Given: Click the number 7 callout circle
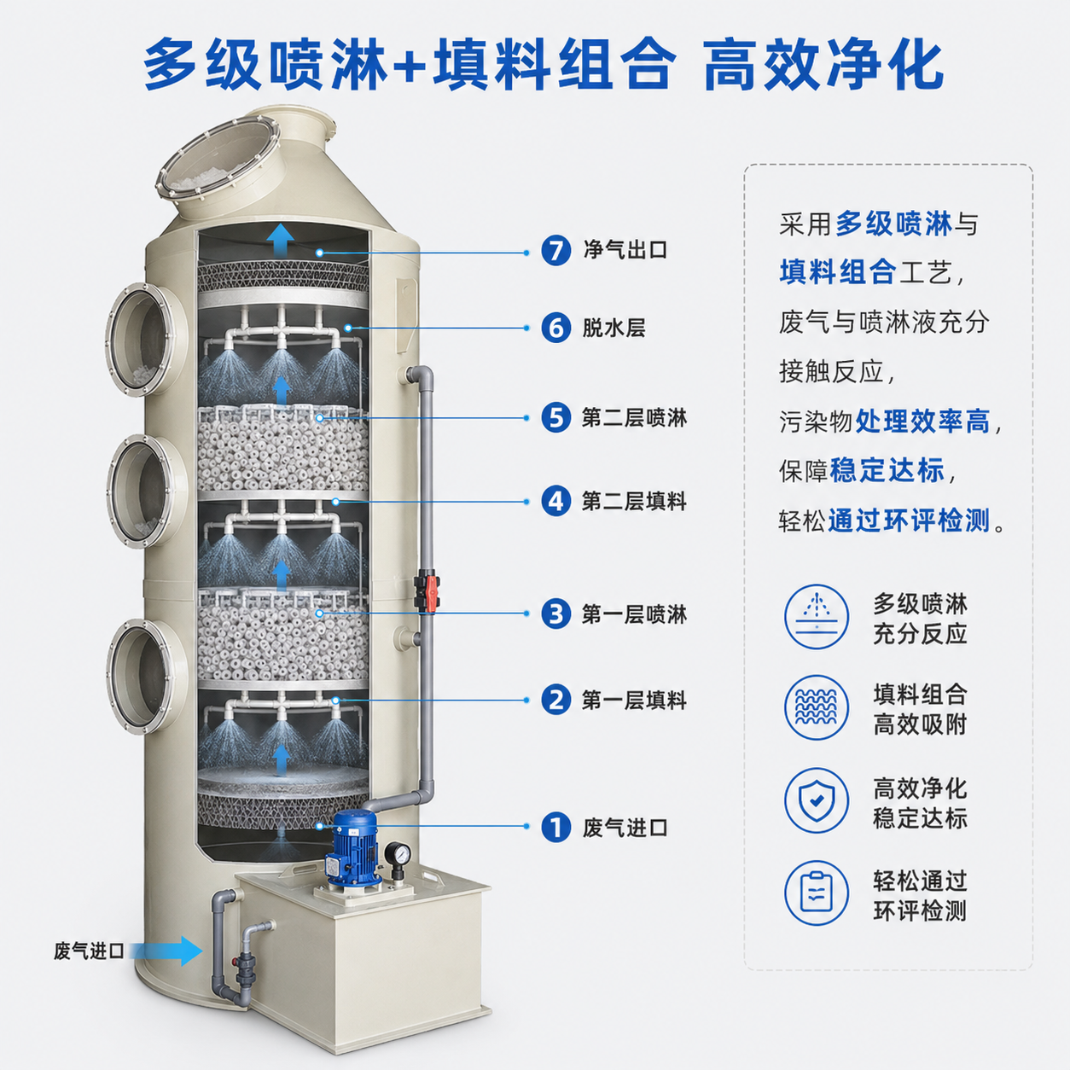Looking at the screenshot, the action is pos(555,251).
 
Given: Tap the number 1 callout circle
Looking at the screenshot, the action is pos(555,828).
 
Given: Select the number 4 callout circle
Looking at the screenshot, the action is pos(555,502).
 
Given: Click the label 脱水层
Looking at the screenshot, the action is pos(614,329).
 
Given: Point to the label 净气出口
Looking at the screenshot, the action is pos(625,250).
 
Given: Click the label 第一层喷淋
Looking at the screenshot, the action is pos(635,614).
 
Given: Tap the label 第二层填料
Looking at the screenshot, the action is pos(635,502).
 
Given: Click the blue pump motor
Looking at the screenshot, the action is pos(353,847).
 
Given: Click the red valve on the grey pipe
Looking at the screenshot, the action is pos(427,592).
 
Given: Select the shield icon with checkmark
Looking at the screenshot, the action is pos(817,801).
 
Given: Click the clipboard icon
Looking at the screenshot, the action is pos(817,893).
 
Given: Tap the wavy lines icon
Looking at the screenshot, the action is pos(817,707).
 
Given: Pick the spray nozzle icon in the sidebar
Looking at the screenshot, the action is pos(817,616).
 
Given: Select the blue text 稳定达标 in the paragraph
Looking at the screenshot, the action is pos(887,471).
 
